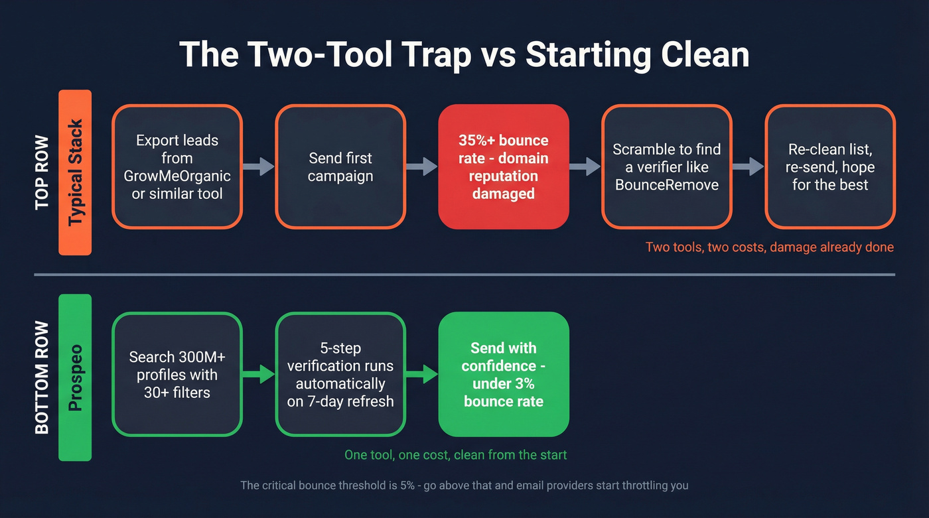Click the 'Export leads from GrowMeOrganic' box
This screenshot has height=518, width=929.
[177, 166]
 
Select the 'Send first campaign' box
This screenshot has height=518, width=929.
[340, 166]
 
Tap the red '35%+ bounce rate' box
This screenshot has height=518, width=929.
[504, 166]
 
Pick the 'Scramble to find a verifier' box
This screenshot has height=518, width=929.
[667, 166]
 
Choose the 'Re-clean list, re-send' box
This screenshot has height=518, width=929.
[830, 166]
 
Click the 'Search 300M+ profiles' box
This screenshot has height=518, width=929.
[177, 374]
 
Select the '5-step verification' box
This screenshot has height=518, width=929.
[340, 374]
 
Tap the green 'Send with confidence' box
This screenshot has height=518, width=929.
[504, 374]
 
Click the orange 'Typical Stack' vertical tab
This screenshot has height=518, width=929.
[75, 172]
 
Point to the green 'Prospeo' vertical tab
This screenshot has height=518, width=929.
[75, 377]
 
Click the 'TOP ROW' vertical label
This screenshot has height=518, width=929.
[42, 172]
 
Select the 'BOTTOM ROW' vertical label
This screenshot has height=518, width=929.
[42, 377]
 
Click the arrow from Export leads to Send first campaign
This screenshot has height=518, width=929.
[259, 166]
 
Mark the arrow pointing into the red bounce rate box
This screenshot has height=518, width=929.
[422, 166]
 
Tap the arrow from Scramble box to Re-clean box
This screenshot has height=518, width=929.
[749, 166]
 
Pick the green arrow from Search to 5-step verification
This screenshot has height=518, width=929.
[259, 374]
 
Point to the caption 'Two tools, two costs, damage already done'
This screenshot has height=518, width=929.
[769, 247]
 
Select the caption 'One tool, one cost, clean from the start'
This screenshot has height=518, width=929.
[455, 455]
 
